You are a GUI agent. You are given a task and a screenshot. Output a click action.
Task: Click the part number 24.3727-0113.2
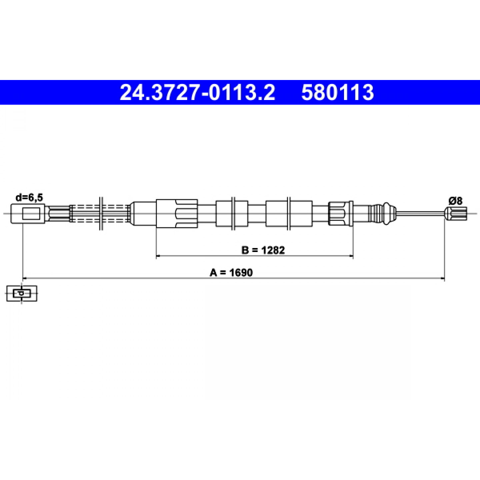tap(197, 93)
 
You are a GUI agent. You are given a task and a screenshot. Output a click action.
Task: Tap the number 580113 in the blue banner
tap(338, 93)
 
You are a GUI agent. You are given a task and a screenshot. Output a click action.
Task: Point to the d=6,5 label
tap(29, 198)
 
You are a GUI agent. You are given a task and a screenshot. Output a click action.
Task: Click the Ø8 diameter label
tap(456, 201)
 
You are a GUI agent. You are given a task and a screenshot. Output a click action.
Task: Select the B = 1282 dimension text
tap(263, 250)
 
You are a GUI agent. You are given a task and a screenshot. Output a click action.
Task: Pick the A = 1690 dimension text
tap(231, 273)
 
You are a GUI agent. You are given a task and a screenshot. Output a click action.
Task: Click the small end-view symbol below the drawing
tap(22, 293)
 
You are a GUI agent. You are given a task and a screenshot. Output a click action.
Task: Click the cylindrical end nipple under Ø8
tap(456, 213)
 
